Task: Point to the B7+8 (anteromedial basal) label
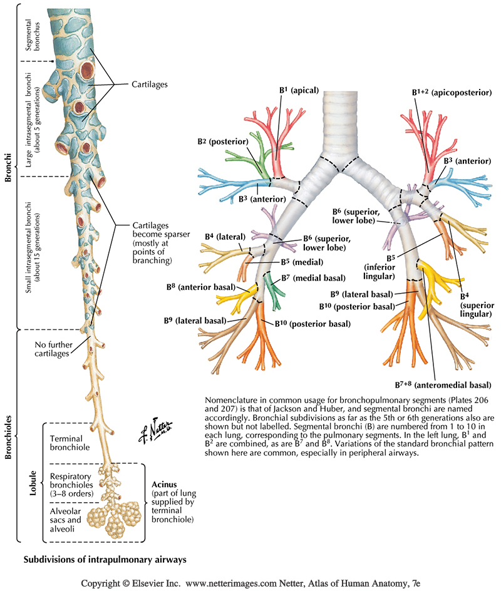[442, 385]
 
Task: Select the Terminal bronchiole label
[70, 442]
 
